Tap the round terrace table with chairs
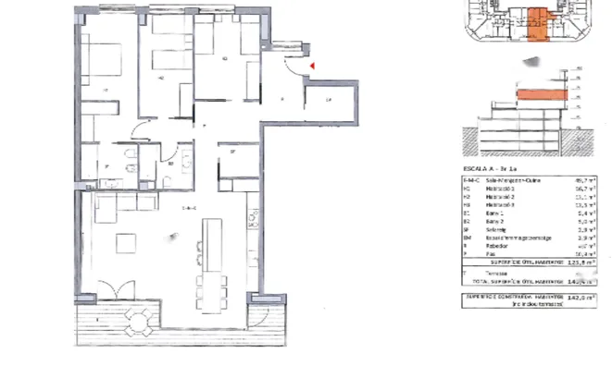coord(139,322)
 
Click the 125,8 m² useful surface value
coord(580,261)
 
